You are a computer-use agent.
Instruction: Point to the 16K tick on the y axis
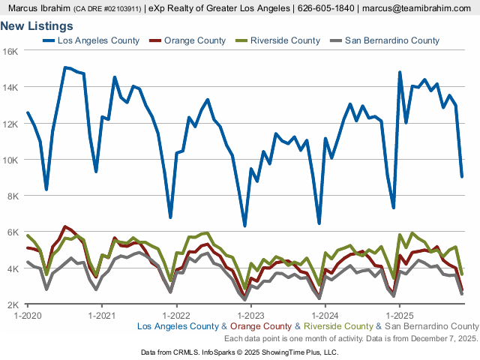pos(11,51)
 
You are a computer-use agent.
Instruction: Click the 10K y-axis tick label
pos(11,160)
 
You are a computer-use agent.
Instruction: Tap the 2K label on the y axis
pos(13,304)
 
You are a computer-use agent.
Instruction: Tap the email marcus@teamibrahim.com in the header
pos(418,8)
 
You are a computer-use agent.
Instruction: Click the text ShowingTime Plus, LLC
pos(301,352)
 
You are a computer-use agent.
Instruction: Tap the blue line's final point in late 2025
pos(462,176)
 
